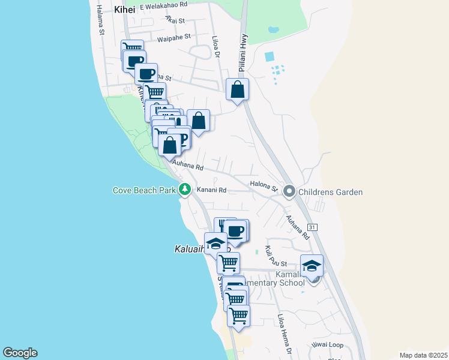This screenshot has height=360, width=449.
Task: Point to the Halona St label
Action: (264, 187)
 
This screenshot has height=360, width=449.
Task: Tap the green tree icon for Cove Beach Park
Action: (185, 190)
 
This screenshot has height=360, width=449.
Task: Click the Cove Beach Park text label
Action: (145, 191)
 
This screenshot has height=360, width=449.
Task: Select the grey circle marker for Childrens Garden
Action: (289, 192)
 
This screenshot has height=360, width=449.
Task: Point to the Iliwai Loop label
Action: (327, 345)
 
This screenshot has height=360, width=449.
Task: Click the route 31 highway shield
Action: (313, 227)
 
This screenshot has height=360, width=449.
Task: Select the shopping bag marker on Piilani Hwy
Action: (238, 90)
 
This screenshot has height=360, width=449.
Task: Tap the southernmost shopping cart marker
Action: (239, 315)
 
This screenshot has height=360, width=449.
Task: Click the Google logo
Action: (20, 353)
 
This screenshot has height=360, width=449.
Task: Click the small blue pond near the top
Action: (273, 29)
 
